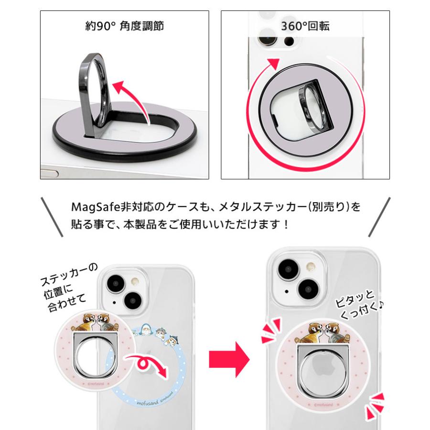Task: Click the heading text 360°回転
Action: click(305, 26)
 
